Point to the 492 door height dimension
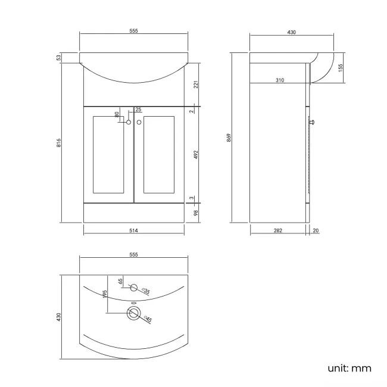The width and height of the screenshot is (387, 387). tap(196, 155)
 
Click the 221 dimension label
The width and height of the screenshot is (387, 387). tap(196, 84)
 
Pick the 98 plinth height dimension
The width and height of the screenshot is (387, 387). tap(196, 213)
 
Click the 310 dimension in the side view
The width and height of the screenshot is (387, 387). tap(279, 80)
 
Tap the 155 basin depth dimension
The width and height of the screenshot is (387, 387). tap(340, 68)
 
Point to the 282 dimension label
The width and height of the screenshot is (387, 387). tap(278, 230)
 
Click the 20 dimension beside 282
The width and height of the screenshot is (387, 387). tap(315, 230)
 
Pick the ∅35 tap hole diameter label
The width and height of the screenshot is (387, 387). tap(145, 291)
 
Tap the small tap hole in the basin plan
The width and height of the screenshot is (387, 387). tap(133, 289)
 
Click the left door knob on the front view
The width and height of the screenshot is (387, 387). tap(128, 123)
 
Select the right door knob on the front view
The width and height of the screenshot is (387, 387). tap(139, 123)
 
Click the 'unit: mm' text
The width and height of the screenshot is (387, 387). tap(349, 368)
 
